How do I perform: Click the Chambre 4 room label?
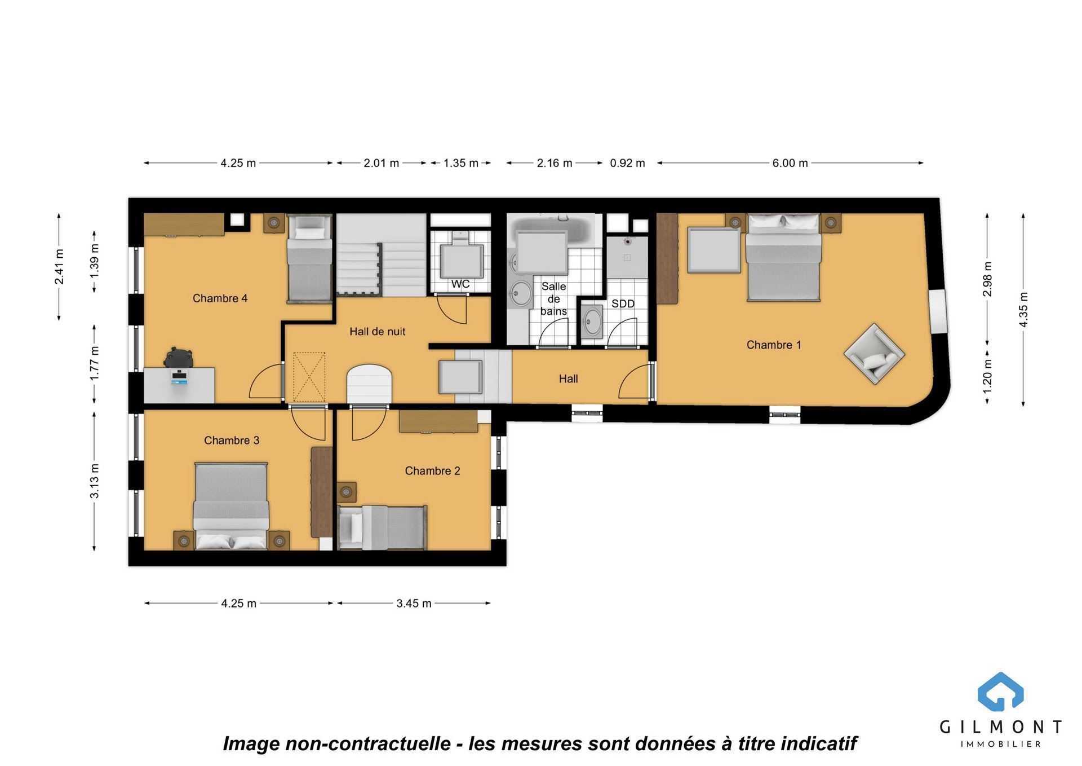click(x=220, y=298)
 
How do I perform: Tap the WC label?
click(x=460, y=284)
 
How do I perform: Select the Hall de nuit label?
click(x=377, y=332)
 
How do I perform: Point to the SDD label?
click(x=623, y=303)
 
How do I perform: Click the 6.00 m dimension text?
click(x=790, y=163)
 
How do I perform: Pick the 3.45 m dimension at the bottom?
click(x=414, y=604)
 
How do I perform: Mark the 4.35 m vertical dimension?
click(x=1023, y=309)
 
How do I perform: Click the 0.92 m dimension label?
click(x=627, y=163)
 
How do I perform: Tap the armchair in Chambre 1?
click(x=874, y=354)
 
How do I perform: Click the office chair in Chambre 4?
click(x=179, y=358)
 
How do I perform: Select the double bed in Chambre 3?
click(x=230, y=506)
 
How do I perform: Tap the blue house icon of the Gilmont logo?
click(x=1000, y=692)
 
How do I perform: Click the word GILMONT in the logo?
click(x=1000, y=727)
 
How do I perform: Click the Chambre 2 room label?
click(x=432, y=471)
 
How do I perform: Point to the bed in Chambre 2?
click(x=382, y=527)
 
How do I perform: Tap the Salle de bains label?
click(x=553, y=299)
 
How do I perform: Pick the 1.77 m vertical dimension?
click(x=95, y=363)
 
